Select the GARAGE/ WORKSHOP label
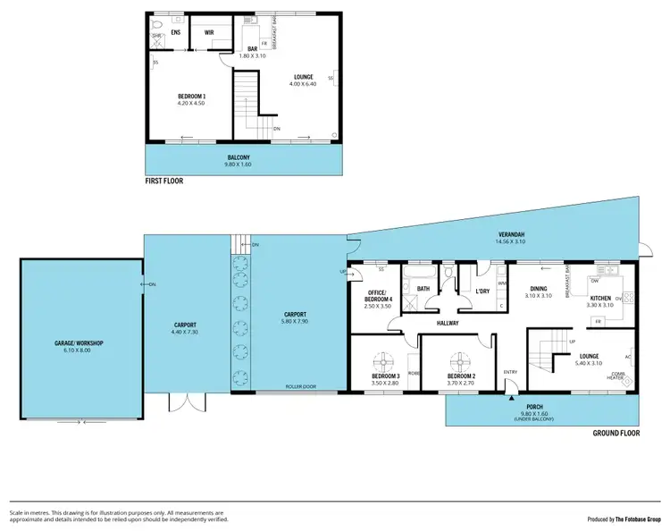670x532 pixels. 80,343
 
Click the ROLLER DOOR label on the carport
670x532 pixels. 299,388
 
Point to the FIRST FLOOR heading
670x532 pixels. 169,182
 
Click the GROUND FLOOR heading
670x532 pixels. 616,433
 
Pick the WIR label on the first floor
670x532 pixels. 209,32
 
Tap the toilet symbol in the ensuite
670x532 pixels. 158,27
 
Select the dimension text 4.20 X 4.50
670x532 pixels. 191,103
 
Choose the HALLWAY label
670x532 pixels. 448,323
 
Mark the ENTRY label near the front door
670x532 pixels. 510,372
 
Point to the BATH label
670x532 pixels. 423,289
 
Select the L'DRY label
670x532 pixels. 482,292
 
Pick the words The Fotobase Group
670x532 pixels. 636,519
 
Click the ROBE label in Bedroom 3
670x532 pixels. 414,371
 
